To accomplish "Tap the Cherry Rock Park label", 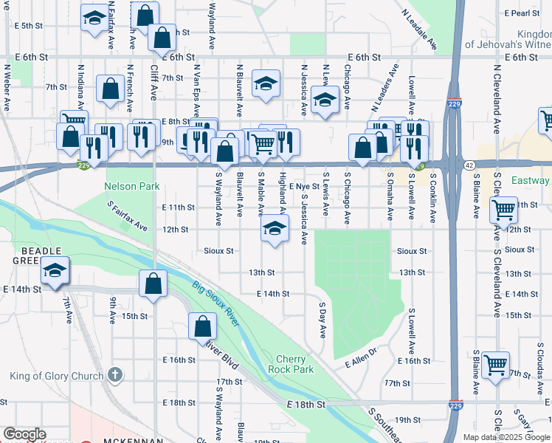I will (295, 363).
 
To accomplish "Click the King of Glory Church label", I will (57, 376).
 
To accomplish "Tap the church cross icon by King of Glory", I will (114, 376).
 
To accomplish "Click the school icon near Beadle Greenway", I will (55, 270).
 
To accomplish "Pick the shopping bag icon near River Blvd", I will (202, 326).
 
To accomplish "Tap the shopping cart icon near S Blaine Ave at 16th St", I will (496, 363).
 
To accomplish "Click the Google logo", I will (24, 434).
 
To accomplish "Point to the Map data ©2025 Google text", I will (506, 436).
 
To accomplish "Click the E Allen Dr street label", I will (361, 357).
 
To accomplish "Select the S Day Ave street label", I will (322, 320).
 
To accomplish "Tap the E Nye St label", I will (304, 187).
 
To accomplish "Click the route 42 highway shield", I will (469, 167).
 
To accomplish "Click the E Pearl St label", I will (522, 13).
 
